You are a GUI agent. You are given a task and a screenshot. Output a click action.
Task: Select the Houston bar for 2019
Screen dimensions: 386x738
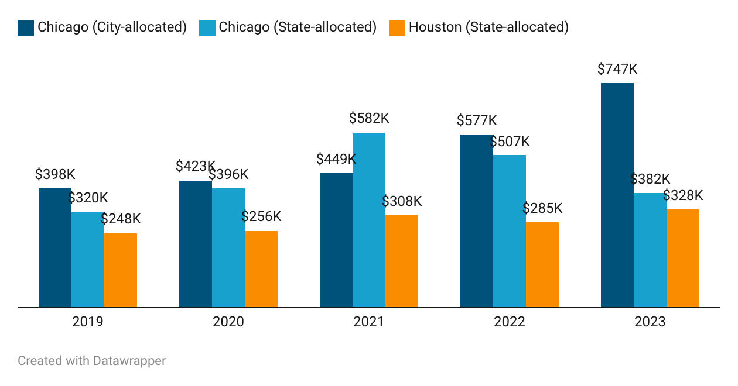121,270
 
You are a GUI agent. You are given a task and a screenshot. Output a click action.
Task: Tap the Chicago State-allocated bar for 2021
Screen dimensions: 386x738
369,220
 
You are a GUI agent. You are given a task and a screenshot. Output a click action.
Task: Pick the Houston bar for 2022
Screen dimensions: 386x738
542,264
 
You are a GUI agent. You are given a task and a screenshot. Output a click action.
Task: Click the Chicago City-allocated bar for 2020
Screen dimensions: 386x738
196,244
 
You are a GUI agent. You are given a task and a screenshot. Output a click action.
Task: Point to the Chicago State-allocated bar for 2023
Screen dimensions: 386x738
650,250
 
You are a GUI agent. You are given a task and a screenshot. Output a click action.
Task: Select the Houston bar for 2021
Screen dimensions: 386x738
402,261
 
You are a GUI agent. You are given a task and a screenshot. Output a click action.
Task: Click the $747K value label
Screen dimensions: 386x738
617,69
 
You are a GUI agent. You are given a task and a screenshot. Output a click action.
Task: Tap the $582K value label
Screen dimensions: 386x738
369,118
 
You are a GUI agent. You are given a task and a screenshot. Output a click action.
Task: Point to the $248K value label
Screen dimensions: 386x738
121,219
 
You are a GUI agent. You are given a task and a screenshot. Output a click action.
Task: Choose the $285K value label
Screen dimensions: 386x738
542,208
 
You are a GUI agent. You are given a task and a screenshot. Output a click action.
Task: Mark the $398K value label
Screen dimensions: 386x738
55,174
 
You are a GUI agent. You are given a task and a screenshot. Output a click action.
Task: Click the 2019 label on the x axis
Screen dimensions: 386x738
88,322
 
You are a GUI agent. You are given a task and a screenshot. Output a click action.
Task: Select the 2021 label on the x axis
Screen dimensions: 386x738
369,322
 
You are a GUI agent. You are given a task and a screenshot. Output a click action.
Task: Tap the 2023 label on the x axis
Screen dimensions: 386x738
650,322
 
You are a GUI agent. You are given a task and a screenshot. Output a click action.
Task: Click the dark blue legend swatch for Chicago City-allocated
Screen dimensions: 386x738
26,27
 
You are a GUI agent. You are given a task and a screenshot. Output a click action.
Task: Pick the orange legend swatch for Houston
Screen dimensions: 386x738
397,27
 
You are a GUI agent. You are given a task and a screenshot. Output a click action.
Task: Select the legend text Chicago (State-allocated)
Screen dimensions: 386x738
298,27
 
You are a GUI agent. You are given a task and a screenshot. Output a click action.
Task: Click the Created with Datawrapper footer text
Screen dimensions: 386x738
92,361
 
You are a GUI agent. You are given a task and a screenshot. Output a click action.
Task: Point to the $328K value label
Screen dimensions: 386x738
683,195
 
